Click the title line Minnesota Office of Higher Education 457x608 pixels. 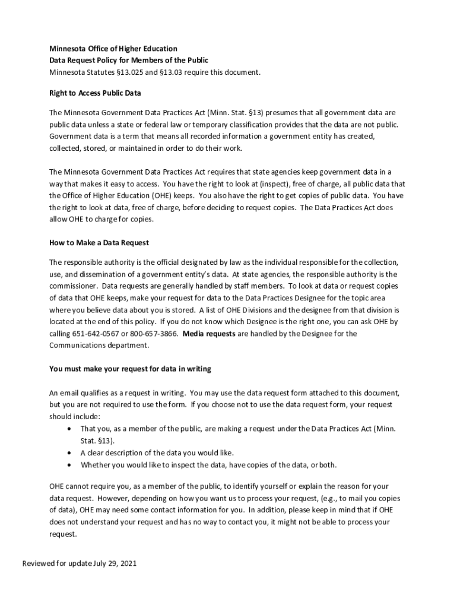pyautogui.click(x=113, y=48)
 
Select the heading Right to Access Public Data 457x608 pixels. pyautogui.click(x=95, y=93)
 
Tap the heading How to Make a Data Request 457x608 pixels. pyautogui.click(x=99, y=242)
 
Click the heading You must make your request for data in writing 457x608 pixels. pyautogui.click(x=130, y=369)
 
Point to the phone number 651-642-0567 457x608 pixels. pyautogui.click(x=94, y=334)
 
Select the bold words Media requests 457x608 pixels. pyautogui.click(x=209, y=334)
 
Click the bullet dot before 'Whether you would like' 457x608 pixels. pyautogui.click(x=71, y=465)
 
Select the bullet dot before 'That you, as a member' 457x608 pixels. pyautogui.click(x=71, y=429)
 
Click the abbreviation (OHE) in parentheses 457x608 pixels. pyautogui.click(x=152, y=195)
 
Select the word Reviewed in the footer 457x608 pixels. pyautogui.click(x=39, y=563)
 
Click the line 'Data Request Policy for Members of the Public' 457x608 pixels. pyautogui.click(x=129, y=60)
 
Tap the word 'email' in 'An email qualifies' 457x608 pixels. pyautogui.click(x=69, y=393)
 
